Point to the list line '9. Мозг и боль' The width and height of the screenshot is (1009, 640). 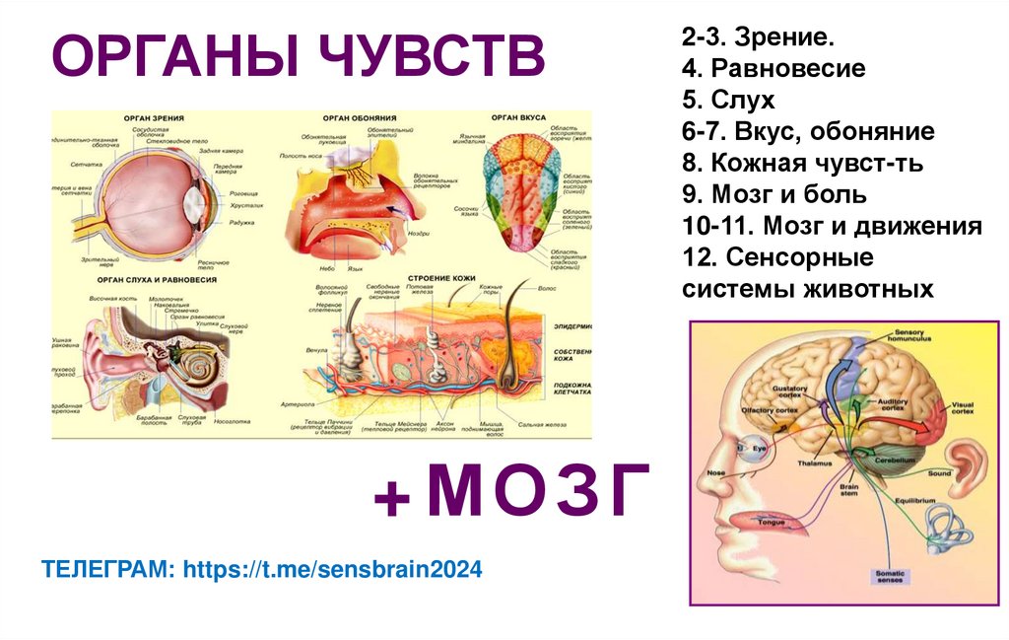point(774,194)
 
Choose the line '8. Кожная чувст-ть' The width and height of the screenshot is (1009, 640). point(801,163)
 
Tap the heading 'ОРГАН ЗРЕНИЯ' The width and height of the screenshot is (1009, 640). point(154,117)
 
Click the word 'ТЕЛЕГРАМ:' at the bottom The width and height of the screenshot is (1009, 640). point(107,569)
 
